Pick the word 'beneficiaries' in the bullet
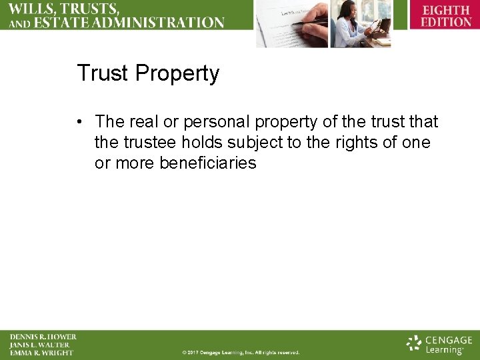pos(208,163)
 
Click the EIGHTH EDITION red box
pos(446,16)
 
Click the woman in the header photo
pos(353,23)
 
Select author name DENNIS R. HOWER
pos(43,337)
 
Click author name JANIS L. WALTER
pos(39,345)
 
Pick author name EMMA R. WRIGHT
pos(41,353)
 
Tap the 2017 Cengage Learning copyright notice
pos(241,352)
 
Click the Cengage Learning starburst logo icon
pos(414,343)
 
